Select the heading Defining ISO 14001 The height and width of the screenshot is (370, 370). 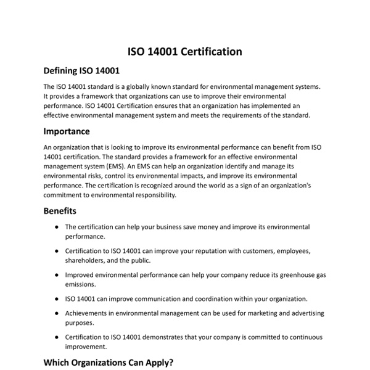[x=81, y=70]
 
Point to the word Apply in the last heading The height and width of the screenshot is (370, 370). [x=157, y=363]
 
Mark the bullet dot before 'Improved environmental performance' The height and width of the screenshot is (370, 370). [x=57, y=275]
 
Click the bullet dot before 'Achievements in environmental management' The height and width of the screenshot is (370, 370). [x=57, y=313]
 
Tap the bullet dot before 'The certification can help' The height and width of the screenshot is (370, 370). [x=57, y=227]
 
